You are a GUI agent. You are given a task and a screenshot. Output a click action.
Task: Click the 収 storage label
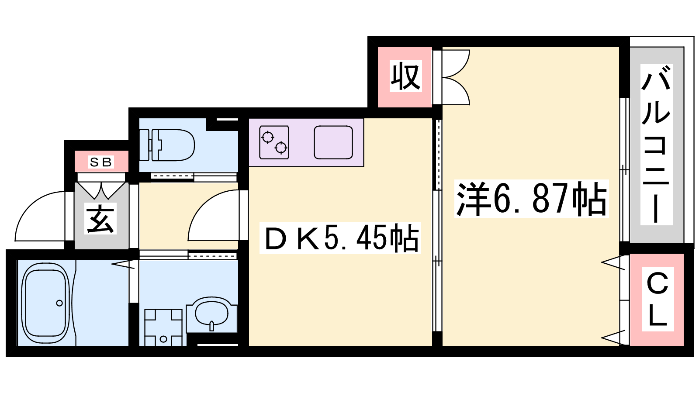pyautogui.click(x=406, y=76)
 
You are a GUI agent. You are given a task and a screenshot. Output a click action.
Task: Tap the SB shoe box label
pyautogui.click(x=101, y=162)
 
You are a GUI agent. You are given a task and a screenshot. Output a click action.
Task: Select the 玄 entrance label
pyautogui.click(x=100, y=219)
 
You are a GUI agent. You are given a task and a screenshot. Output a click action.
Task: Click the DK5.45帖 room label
pyautogui.click(x=340, y=238)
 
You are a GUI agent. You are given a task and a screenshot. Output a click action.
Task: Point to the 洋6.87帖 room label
pyautogui.click(x=531, y=199)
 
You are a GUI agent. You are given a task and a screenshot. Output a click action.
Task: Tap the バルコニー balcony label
pyautogui.click(x=656, y=145)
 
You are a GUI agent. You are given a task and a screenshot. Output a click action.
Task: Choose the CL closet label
pyautogui.click(x=657, y=299)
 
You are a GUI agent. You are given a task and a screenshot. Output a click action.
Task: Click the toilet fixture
pyautogui.click(x=167, y=145)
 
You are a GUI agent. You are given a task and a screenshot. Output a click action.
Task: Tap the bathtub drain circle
pyautogui.click(x=59, y=303)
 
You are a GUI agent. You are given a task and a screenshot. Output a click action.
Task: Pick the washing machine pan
pyautogui.click(x=163, y=327)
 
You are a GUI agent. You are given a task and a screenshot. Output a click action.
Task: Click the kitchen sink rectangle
pyautogui.click(x=333, y=142)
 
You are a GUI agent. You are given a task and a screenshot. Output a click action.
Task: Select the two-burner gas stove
pyautogui.click(x=274, y=142)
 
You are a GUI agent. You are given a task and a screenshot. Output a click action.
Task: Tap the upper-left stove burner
pyautogui.click(x=268, y=137)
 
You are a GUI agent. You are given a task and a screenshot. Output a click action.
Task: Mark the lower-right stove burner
pyautogui.click(x=281, y=148)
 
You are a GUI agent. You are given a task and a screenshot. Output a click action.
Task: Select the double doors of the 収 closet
pyautogui.click(x=456, y=77)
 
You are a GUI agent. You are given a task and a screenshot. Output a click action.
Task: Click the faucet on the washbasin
pyautogui.click(x=212, y=326)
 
